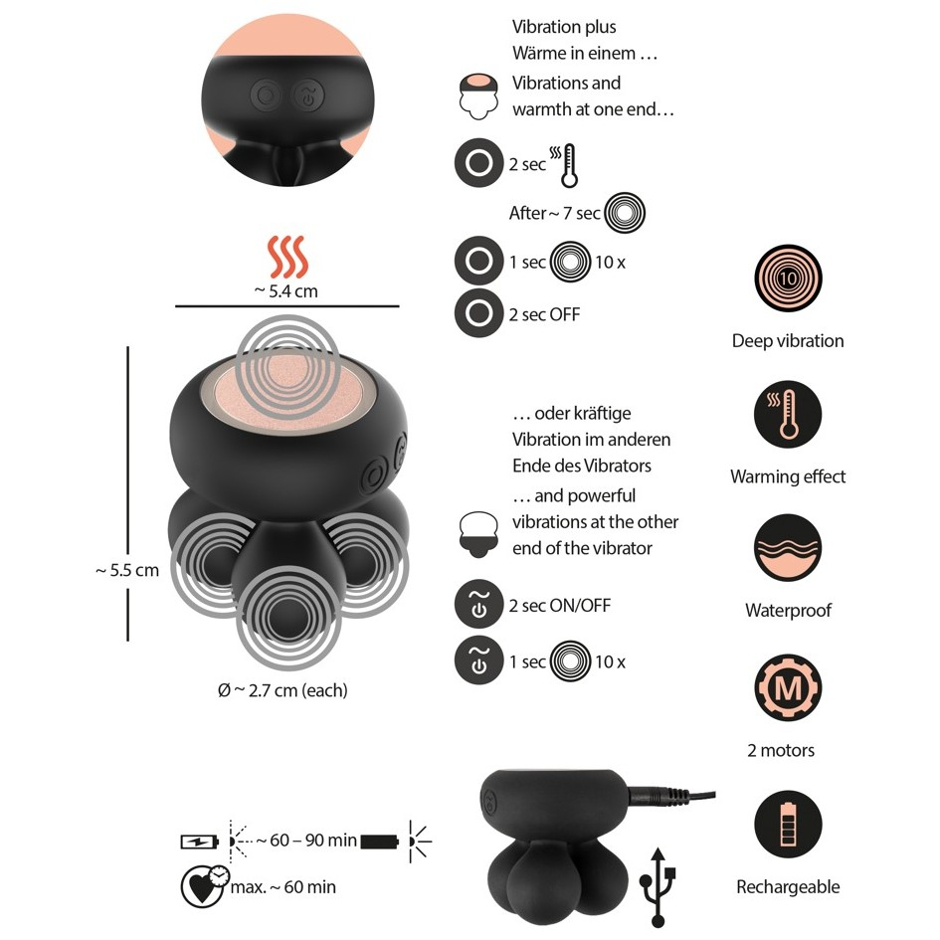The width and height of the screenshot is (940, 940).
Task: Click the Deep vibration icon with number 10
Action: click(788, 279)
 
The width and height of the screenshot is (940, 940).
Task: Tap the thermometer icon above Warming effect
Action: click(788, 414)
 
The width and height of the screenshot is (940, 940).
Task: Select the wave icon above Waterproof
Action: click(788, 548)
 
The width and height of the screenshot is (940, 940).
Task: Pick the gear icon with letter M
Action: click(788, 687)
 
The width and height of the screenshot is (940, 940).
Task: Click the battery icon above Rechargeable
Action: click(788, 825)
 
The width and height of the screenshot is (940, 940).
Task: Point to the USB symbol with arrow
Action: click(658, 888)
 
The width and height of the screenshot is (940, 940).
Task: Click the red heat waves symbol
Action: click(287, 258)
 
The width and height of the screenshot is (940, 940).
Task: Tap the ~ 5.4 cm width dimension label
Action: click(285, 291)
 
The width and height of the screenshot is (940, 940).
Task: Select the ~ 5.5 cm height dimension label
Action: click(127, 570)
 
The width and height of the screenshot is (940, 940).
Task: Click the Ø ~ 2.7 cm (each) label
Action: click(282, 690)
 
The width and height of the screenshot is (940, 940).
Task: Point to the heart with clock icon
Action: click(205, 886)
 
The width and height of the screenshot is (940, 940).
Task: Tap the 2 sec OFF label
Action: click(544, 314)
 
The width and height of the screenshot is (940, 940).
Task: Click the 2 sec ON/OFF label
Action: click(560, 606)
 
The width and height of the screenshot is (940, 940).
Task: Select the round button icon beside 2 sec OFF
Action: click(479, 313)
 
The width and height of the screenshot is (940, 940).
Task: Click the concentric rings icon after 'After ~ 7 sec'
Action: click(625, 212)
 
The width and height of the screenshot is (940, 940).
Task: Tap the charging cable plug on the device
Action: click(655, 797)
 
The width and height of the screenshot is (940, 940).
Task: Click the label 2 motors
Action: click(781, 750)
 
